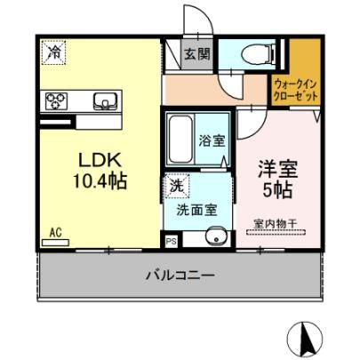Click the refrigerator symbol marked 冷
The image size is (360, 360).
click(x=53, y=52)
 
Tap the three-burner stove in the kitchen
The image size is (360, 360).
click(x=56, y=100)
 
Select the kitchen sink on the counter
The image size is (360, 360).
click(x=105, y=101)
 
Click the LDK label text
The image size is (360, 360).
click(x=100, y=161)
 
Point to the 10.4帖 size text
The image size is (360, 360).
click(x=100, y=181)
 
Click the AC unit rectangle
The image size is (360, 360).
click(x=56, y=243)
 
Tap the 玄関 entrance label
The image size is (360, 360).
click(x=197, y=54)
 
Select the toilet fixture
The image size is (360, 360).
click(x=257, y=54)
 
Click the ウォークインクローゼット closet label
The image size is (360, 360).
click(x=296, y=90)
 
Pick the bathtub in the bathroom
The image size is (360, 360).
click(x=180, y=139)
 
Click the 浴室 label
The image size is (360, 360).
click(x=212, y=140)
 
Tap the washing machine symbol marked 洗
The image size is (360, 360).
click(x=177, y=186)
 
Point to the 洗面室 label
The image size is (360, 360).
click(x=196, y=210)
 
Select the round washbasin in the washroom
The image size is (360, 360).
click(x=217, y=238)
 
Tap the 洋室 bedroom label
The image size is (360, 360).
click(x=277, y=169)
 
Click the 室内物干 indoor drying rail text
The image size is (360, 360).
click(x=276, y=223)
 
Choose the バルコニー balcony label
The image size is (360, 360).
click(x=180, y=276)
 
